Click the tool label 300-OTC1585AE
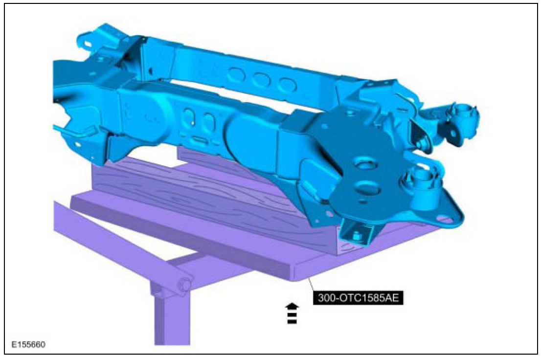click(358, 297)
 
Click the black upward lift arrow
click(292, 314)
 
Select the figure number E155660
click(28, 344)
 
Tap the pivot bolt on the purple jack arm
click(183, 285)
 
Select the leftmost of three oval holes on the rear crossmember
click(236, 75)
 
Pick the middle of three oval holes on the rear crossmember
click(261, 80)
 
